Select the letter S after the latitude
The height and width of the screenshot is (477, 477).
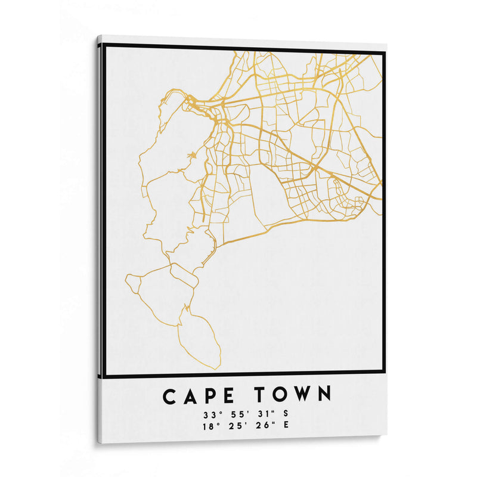tap(286, 413)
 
